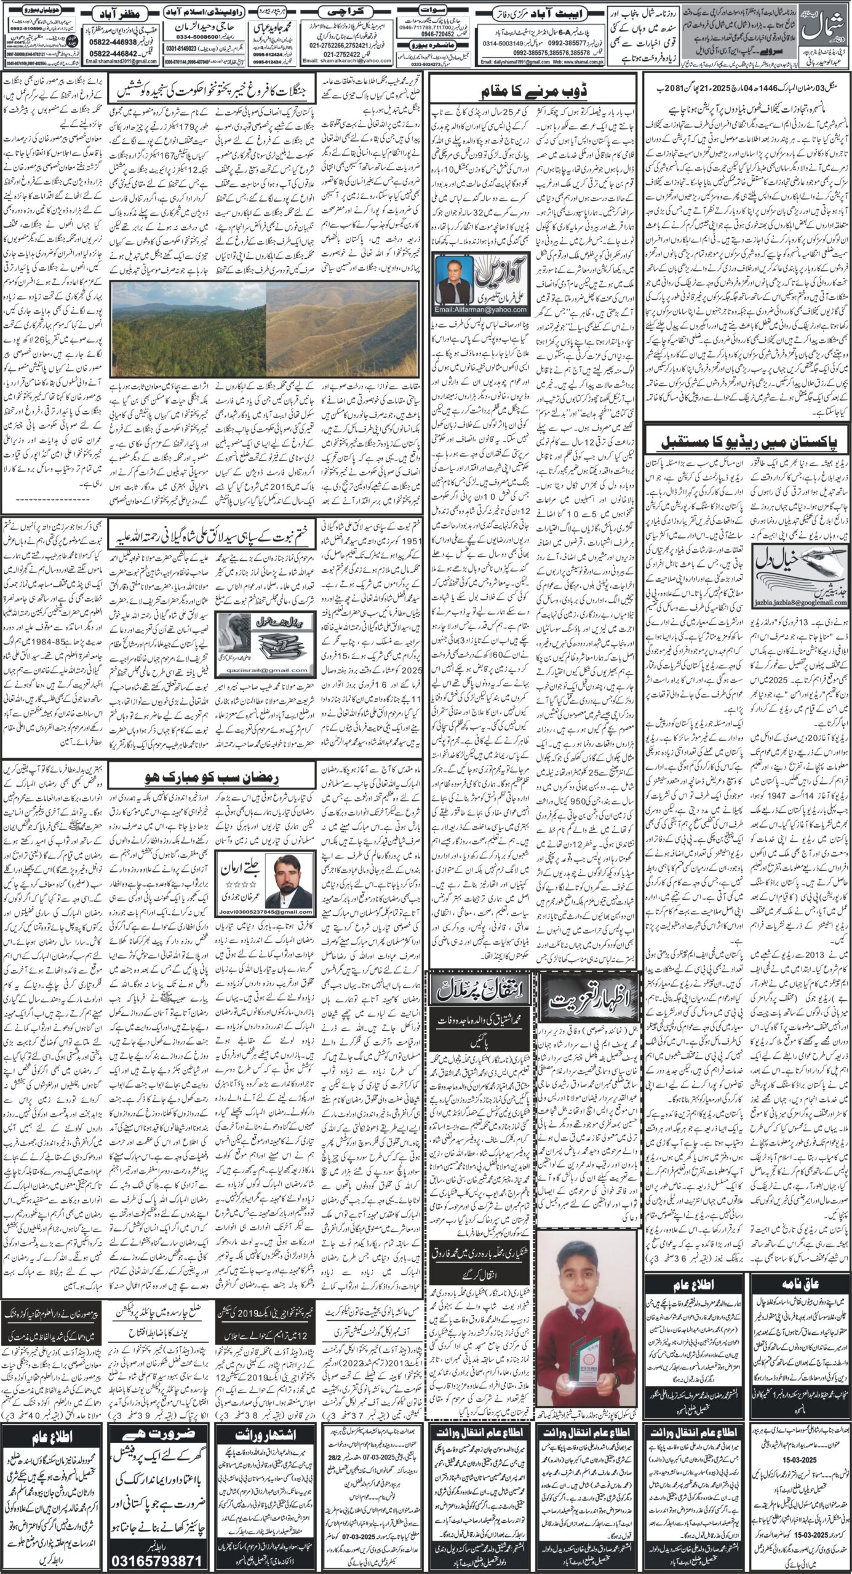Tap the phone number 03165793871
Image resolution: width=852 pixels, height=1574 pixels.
point(159,1556)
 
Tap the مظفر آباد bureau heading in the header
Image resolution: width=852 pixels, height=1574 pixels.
point(122,13)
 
